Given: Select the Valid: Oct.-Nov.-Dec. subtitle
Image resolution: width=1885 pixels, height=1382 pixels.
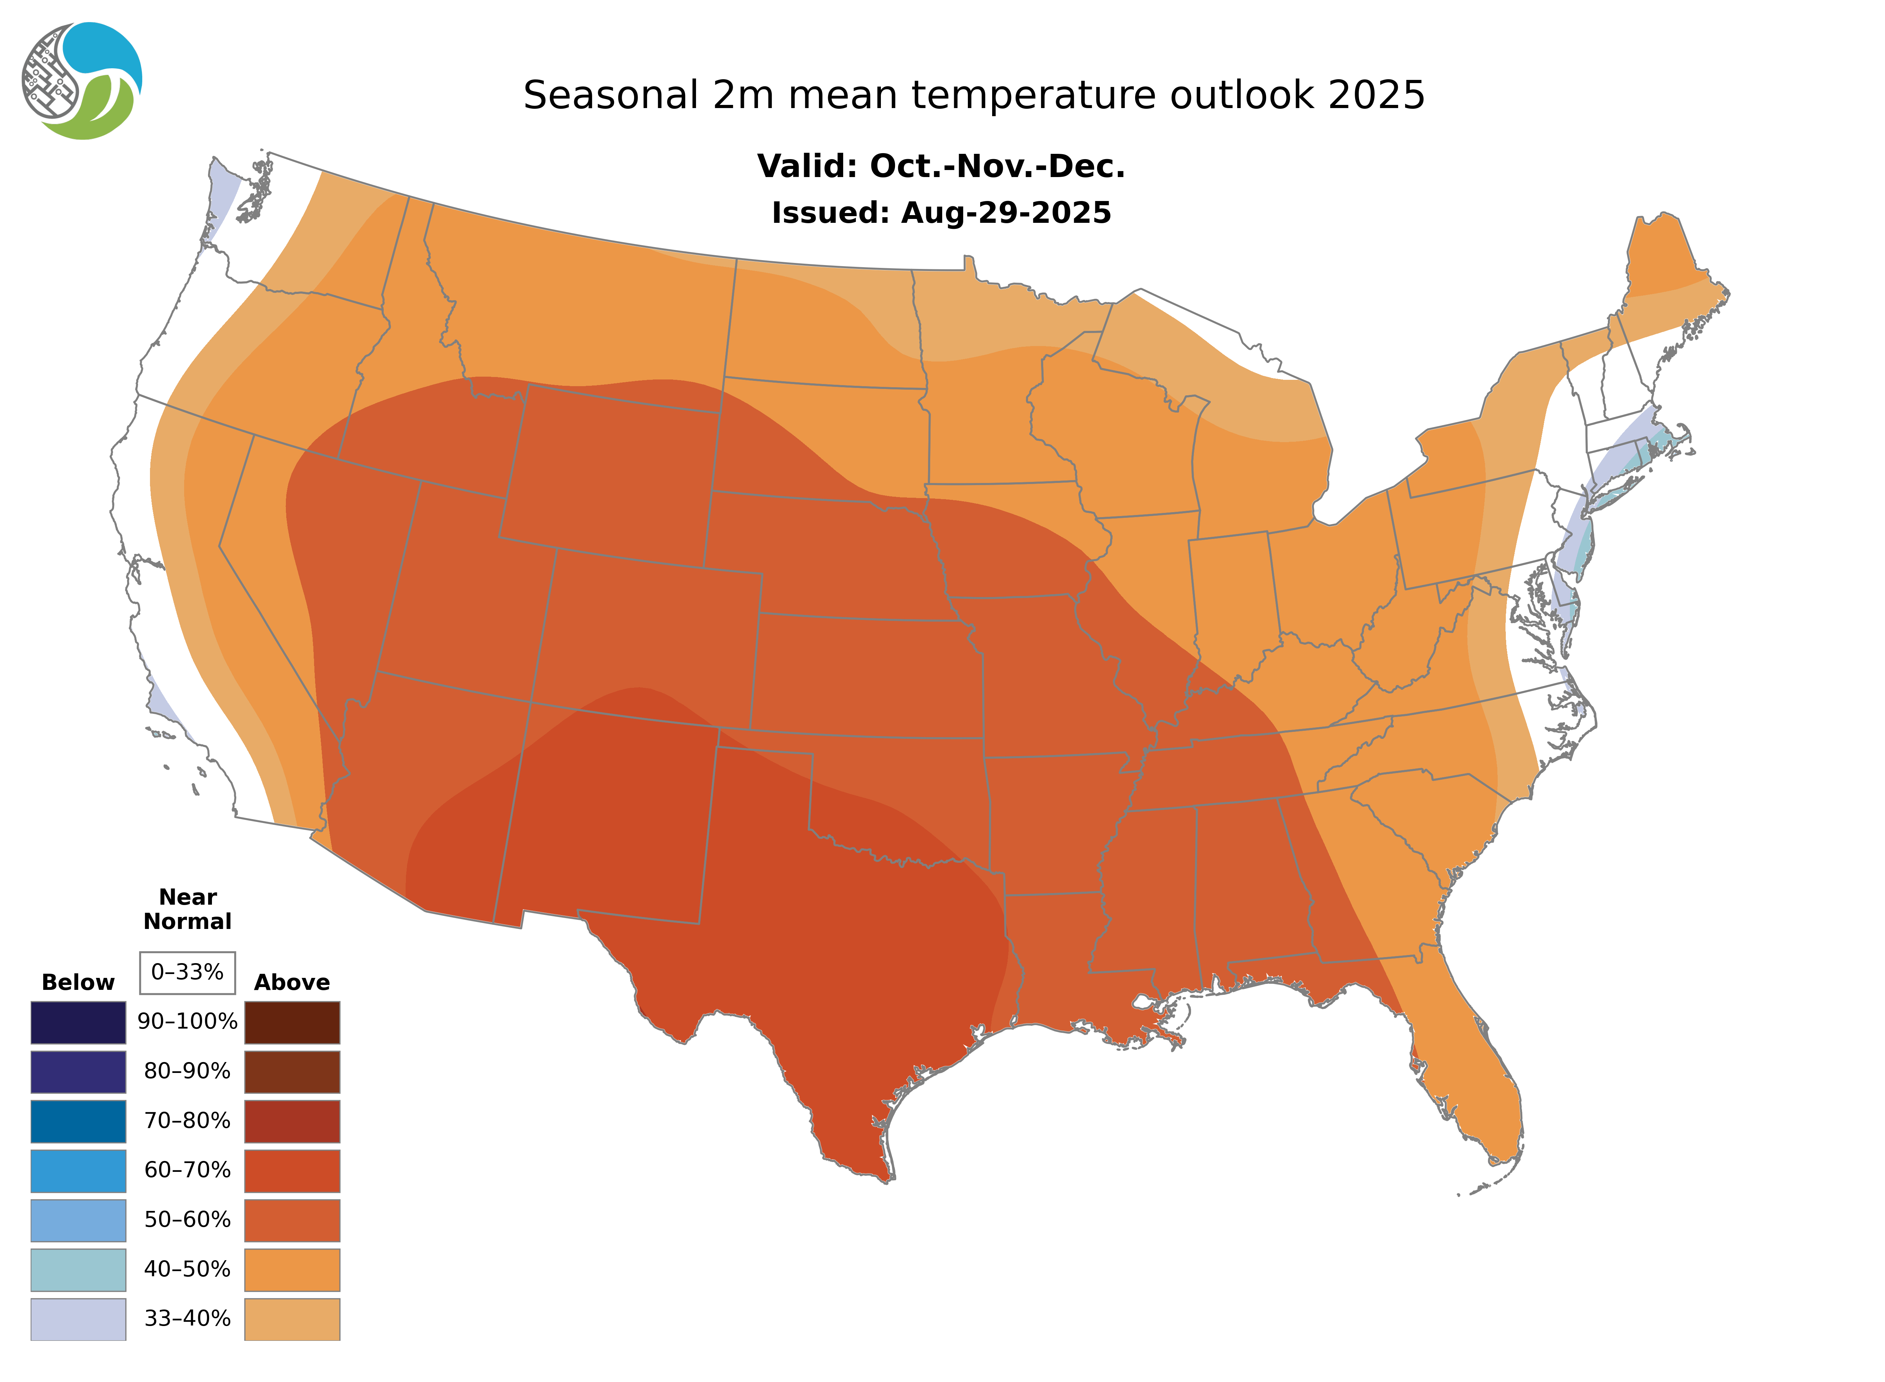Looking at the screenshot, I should [941, 167].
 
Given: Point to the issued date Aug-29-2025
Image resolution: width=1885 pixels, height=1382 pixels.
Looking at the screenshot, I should [1006, 213].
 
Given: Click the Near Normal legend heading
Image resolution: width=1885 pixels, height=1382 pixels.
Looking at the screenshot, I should [187, 909].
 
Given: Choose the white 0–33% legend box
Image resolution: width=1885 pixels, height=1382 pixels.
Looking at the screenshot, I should [187, 972].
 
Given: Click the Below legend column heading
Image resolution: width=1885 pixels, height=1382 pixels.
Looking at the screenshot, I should [78, 982].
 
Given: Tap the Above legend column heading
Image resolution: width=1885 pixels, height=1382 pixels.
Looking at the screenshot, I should [292, 982].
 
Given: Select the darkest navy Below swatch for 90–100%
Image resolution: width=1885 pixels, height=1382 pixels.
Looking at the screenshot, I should [78, 1022].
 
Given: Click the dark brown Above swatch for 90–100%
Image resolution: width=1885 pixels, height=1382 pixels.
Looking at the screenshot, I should [292, 1022].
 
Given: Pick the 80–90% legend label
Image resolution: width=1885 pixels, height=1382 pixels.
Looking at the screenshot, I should [187, 1072].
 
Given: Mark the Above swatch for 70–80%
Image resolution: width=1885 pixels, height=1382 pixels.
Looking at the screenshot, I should [292, 1121].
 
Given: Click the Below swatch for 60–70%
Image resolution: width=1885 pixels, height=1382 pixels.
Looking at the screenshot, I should [78, 1170].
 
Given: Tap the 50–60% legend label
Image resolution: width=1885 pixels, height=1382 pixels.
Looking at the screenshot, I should [187, 1220].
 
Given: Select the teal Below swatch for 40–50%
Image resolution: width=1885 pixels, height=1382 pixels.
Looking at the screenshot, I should [78, 1269].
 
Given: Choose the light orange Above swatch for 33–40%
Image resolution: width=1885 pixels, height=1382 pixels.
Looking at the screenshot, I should [292, 1318].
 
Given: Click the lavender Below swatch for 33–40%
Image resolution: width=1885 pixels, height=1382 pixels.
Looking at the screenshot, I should [78, 1318].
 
